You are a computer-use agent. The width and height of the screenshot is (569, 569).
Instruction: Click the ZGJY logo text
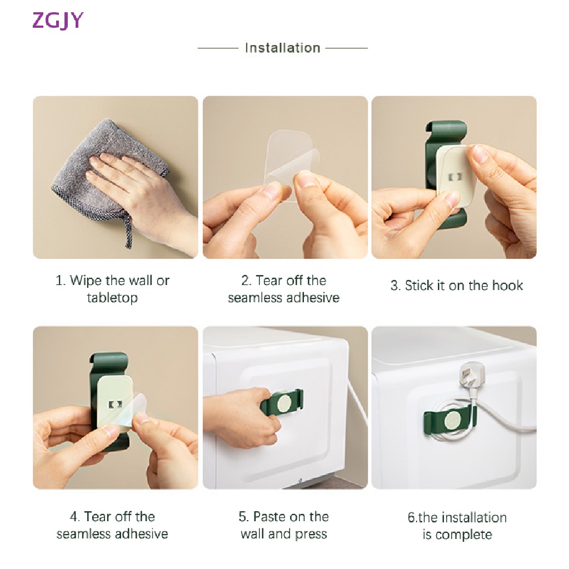(x=58, y=20)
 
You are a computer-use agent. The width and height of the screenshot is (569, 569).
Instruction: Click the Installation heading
(x=282, y=48)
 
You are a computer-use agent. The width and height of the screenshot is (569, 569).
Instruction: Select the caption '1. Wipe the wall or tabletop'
(x=113, y=289)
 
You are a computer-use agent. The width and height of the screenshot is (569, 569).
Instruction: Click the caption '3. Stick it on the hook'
(x=456, y=286)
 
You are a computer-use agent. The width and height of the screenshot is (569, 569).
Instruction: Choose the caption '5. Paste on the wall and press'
(x=284, y=525)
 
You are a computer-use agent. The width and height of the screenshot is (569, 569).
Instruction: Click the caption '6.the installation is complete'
(x=457, y=526)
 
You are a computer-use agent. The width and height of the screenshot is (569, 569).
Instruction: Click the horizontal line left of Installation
(x=218, y=48)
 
